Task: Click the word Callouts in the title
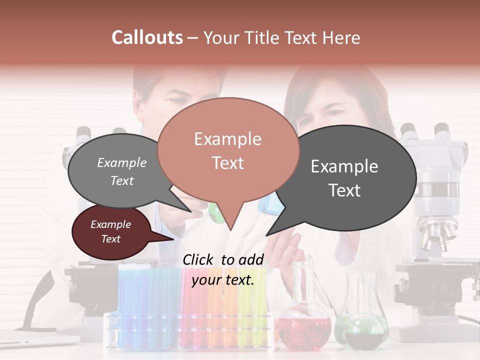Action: click(147, 37)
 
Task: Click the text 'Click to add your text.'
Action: click(223, 269)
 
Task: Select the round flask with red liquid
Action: click(304, 325)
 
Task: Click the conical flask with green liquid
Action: click(365, 325)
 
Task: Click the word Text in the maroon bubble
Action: click(111, 239)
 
